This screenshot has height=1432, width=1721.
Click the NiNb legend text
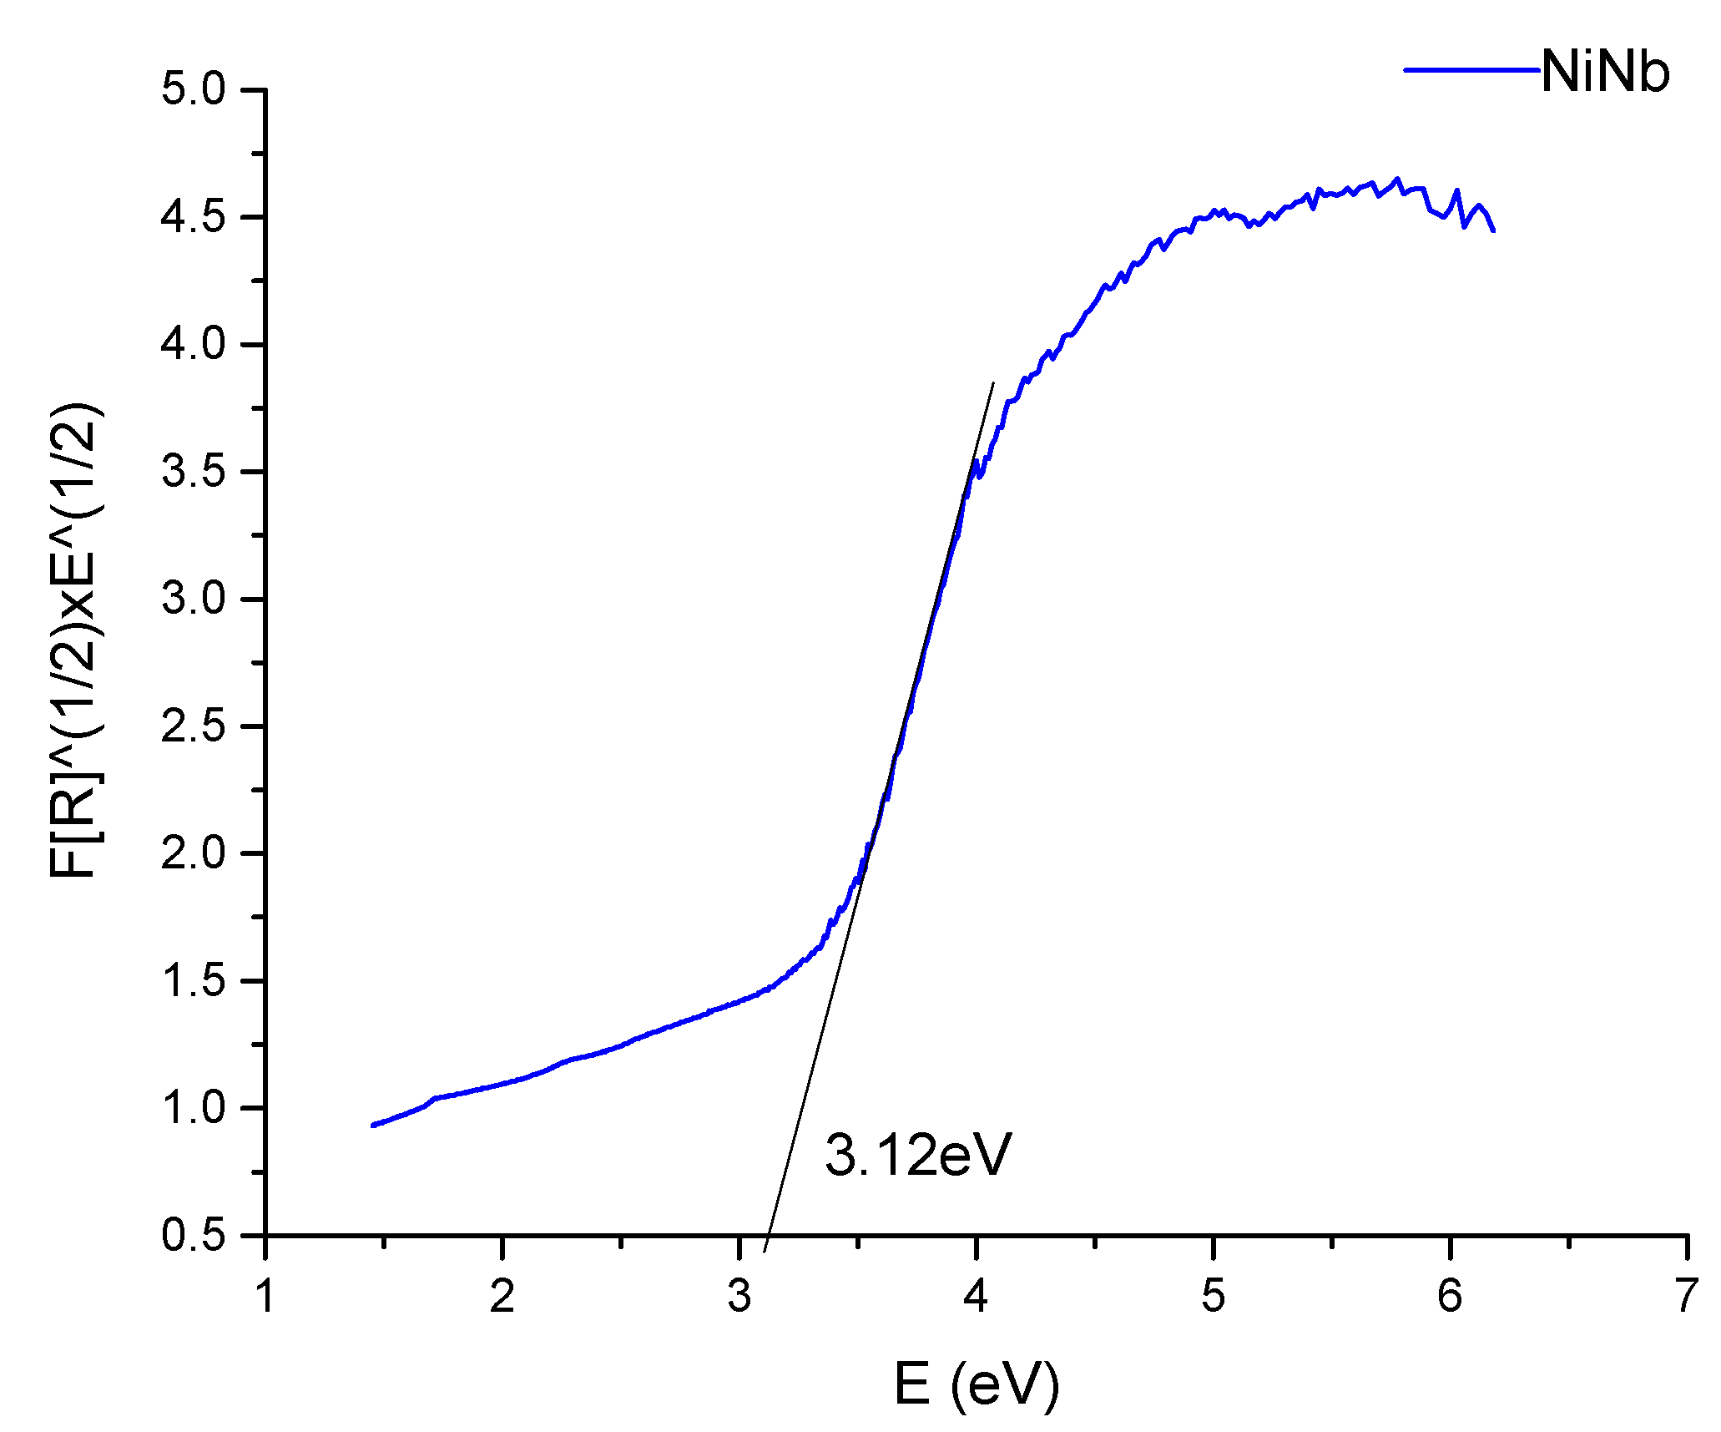(1605, 72)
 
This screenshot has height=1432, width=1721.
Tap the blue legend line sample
(1471, 70)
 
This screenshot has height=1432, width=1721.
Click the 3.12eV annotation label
(918, 1156)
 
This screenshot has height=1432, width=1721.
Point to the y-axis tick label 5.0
(194, 89)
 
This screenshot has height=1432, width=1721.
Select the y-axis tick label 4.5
(194, 217)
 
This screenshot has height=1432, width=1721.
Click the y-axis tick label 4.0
(194, 344)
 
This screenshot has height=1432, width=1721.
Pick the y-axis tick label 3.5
(194, 472)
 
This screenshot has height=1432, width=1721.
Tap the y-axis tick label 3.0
(194, 599)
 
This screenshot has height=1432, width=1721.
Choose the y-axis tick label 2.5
(194, 726)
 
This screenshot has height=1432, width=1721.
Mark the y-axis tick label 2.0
(194, 853)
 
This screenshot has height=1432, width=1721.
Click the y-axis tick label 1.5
(194, 981)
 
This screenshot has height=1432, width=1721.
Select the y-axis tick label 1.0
(194, 1108)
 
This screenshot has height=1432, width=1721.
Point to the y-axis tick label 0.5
(194, 1235)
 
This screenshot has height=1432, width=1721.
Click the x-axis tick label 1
(265, 1297)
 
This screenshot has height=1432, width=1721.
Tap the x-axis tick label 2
(502, 1297)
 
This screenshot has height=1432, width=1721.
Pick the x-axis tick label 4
(977, 1297)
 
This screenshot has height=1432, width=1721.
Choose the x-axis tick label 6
(1451, 1297)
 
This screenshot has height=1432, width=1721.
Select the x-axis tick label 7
(1687, 1297)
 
